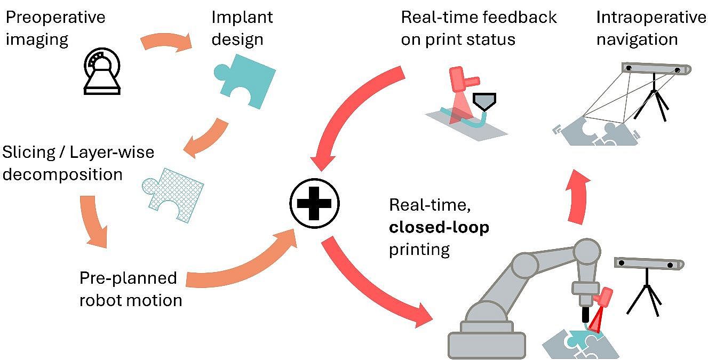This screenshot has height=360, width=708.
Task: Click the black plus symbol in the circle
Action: (x=314, y=203)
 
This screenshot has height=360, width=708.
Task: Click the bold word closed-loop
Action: (x=439, y=227)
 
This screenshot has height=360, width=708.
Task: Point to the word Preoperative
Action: (x=55, y=17)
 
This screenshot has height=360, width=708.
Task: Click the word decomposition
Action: (x=62, y=174)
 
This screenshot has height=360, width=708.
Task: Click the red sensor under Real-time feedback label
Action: (x=463, y=81)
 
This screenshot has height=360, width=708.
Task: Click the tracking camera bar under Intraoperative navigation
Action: (x=656, y=69)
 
